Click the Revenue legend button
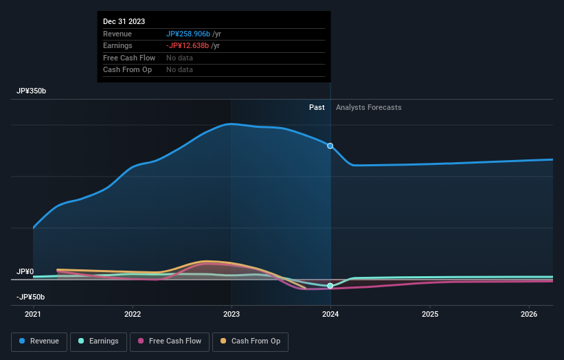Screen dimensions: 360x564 [39, 341]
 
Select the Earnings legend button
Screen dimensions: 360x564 [98, 341]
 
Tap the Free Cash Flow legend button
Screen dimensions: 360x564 [169, 341]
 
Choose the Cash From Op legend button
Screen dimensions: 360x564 [250, 341]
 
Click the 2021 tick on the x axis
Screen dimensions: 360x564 [33, 315]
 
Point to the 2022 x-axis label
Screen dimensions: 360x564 [133, 315]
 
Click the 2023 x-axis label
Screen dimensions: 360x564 [232, 315]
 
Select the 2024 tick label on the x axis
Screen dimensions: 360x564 [330, 315]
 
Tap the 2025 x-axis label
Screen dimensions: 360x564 [430, 315]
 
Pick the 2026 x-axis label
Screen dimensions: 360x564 [529, 315]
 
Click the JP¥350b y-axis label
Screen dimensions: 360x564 [32, 91]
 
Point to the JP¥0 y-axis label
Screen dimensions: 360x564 [25, 272]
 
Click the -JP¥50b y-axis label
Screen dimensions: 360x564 [31, 297]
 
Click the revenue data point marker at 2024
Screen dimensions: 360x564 [330, 146]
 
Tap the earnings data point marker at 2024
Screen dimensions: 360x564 [330, 286]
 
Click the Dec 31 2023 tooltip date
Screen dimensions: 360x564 [124, 22]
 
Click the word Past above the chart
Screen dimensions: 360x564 [317, 107]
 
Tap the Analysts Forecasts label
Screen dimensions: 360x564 [369, 107]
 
